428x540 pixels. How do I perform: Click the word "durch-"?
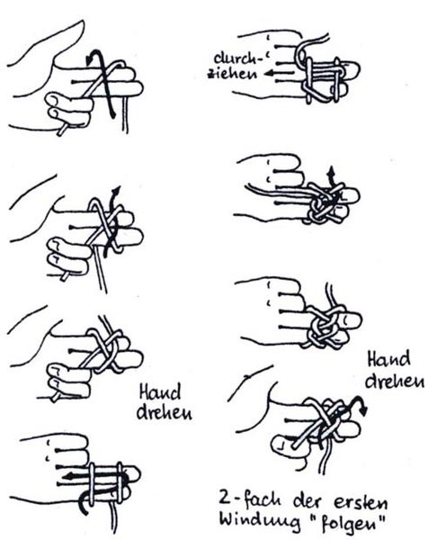[238, 58]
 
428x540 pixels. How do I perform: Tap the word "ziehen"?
[232, 74]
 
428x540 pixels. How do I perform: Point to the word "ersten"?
[361, 502]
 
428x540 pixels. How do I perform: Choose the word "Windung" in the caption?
[260, 521]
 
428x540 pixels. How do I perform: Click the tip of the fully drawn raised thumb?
[82, 22]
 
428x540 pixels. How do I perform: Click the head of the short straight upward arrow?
[332, 170]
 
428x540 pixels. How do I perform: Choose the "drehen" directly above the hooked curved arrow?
[395, 382]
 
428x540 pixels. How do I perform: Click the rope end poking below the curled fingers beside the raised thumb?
[61, 131]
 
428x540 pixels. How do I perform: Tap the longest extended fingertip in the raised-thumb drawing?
[138, 88]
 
